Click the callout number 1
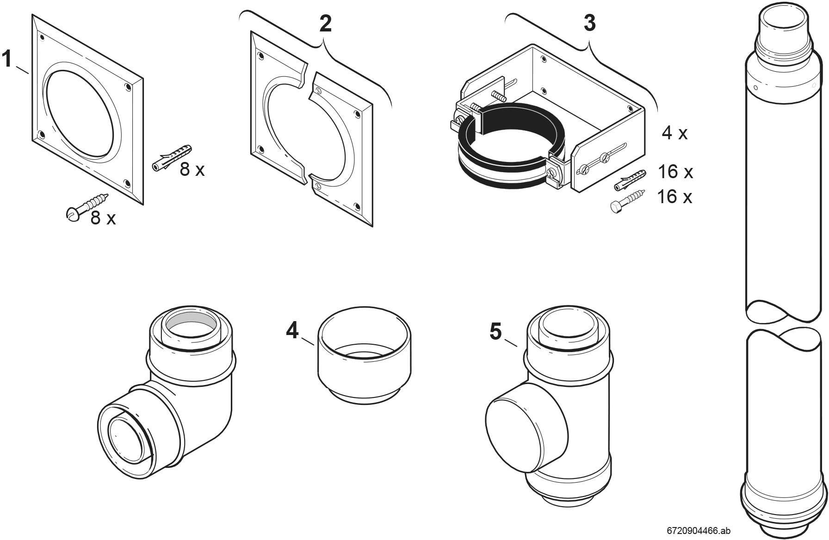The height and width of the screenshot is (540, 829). (7, 60)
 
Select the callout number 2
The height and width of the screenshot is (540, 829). (326, 23)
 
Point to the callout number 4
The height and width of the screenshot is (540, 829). (292, 330)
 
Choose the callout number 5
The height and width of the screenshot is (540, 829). (495, 331)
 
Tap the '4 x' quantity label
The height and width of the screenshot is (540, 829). (674, 133)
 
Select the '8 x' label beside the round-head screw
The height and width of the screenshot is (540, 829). (103, 217)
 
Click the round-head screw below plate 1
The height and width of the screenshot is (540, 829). (87, 207)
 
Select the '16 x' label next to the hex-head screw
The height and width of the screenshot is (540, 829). (674, 197)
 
